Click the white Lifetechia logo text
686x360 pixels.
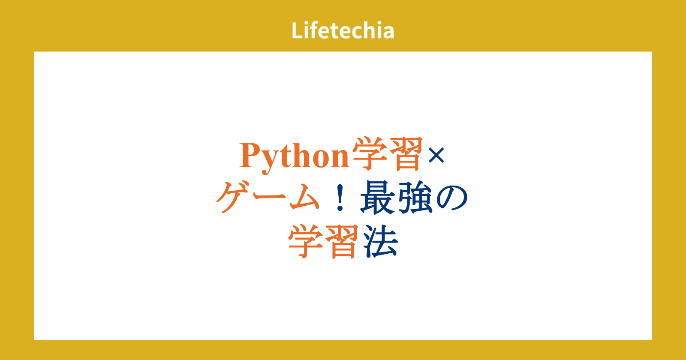343,30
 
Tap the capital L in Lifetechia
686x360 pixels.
297,30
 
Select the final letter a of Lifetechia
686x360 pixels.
388,33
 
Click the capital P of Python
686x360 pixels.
250,155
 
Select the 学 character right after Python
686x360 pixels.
369,153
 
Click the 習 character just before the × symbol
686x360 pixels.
405,153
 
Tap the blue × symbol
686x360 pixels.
436,155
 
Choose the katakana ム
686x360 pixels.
305,197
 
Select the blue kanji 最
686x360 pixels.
378,198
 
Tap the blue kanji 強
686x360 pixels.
415,198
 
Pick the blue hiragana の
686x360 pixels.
452,198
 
